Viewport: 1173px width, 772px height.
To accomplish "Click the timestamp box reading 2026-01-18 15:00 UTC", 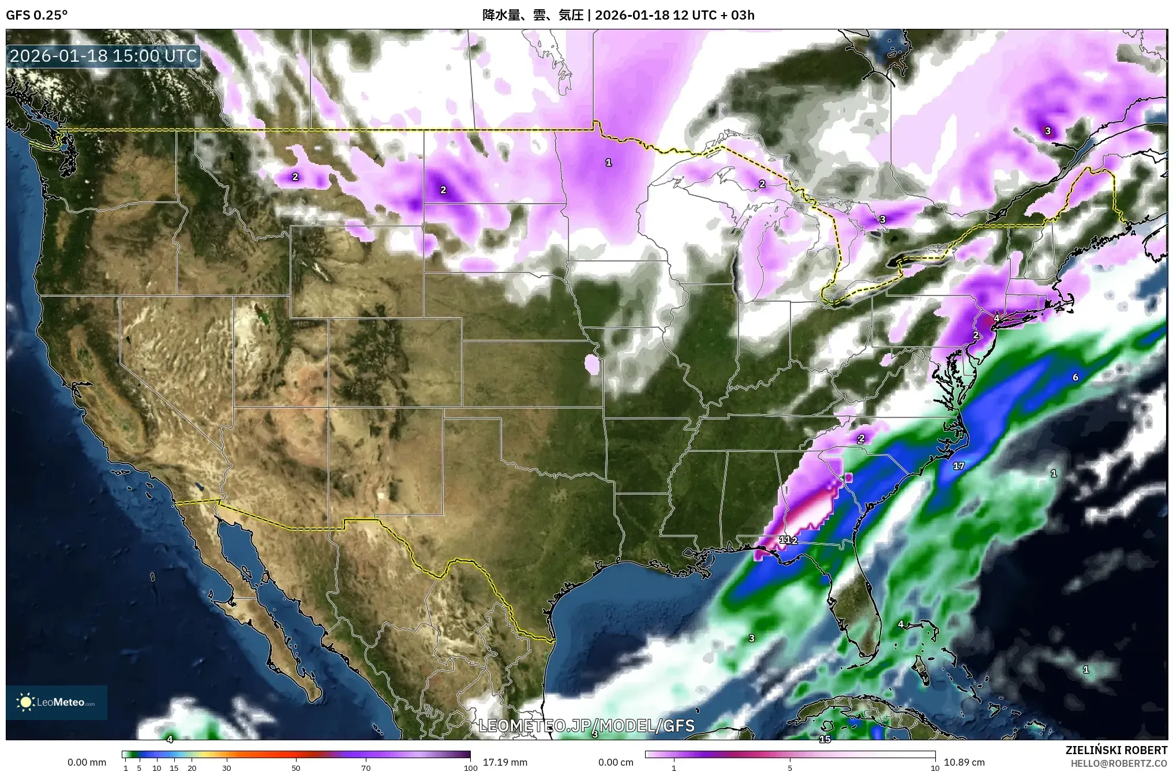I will click(104, 56).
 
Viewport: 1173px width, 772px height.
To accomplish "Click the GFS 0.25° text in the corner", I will click(36, 15).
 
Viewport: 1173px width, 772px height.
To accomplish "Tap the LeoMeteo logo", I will click(57, 702).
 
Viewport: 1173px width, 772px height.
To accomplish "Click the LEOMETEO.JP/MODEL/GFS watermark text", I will click(587, 725).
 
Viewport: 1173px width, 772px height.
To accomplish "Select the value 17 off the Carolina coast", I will click(958, 466).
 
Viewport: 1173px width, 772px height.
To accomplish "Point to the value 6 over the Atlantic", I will click(1075, 377).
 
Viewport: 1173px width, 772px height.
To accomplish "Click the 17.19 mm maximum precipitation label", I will click(505, 762).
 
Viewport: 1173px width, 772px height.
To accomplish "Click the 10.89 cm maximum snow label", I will click(964, 762).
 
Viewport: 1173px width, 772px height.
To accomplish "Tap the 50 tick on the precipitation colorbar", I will click(296, 768).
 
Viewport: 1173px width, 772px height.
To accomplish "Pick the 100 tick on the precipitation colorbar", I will click(470, 768).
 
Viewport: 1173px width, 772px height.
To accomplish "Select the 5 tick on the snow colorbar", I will click(790, 768).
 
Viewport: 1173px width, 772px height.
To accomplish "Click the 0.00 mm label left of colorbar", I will click(87, 762).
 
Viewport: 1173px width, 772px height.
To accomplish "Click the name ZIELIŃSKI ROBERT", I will click(1116, 750).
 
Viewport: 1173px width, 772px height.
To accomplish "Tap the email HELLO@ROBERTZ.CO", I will click(1119, 763).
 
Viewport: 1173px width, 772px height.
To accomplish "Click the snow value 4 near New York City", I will click(996, 318).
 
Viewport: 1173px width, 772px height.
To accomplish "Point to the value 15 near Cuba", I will click(825, 739).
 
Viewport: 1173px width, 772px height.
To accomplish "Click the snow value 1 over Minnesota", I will click(608, 163).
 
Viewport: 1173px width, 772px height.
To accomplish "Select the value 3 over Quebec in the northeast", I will click(1048, 131).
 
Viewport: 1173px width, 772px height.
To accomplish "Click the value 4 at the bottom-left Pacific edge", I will click(170, 739).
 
